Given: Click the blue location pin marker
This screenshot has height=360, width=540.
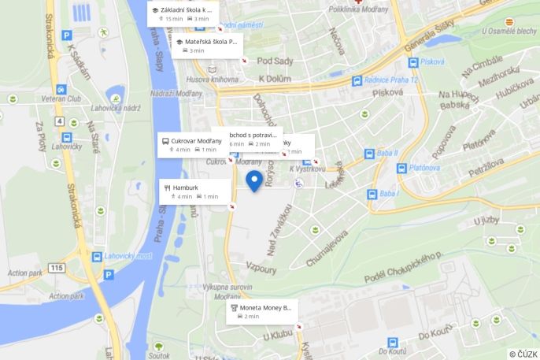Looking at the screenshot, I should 254,180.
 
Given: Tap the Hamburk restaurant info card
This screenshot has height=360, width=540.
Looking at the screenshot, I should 194,191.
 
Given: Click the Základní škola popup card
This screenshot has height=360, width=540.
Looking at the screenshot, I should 183,13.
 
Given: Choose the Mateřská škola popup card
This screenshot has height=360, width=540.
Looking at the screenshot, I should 208,45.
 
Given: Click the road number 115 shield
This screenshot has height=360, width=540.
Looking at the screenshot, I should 56,269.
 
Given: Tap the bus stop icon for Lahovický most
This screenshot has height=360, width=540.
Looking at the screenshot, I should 97,257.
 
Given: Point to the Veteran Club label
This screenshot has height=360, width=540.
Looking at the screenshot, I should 63,99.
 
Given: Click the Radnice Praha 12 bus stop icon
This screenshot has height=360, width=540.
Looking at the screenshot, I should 357,80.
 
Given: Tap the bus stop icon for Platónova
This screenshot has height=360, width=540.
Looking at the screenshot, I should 401,168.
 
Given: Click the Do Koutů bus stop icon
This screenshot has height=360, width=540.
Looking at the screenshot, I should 392,343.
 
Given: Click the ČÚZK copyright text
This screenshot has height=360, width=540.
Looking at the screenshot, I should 523,354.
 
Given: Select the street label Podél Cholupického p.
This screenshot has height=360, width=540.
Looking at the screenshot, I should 403,269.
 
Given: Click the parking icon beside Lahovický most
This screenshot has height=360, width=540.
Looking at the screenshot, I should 109,275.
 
